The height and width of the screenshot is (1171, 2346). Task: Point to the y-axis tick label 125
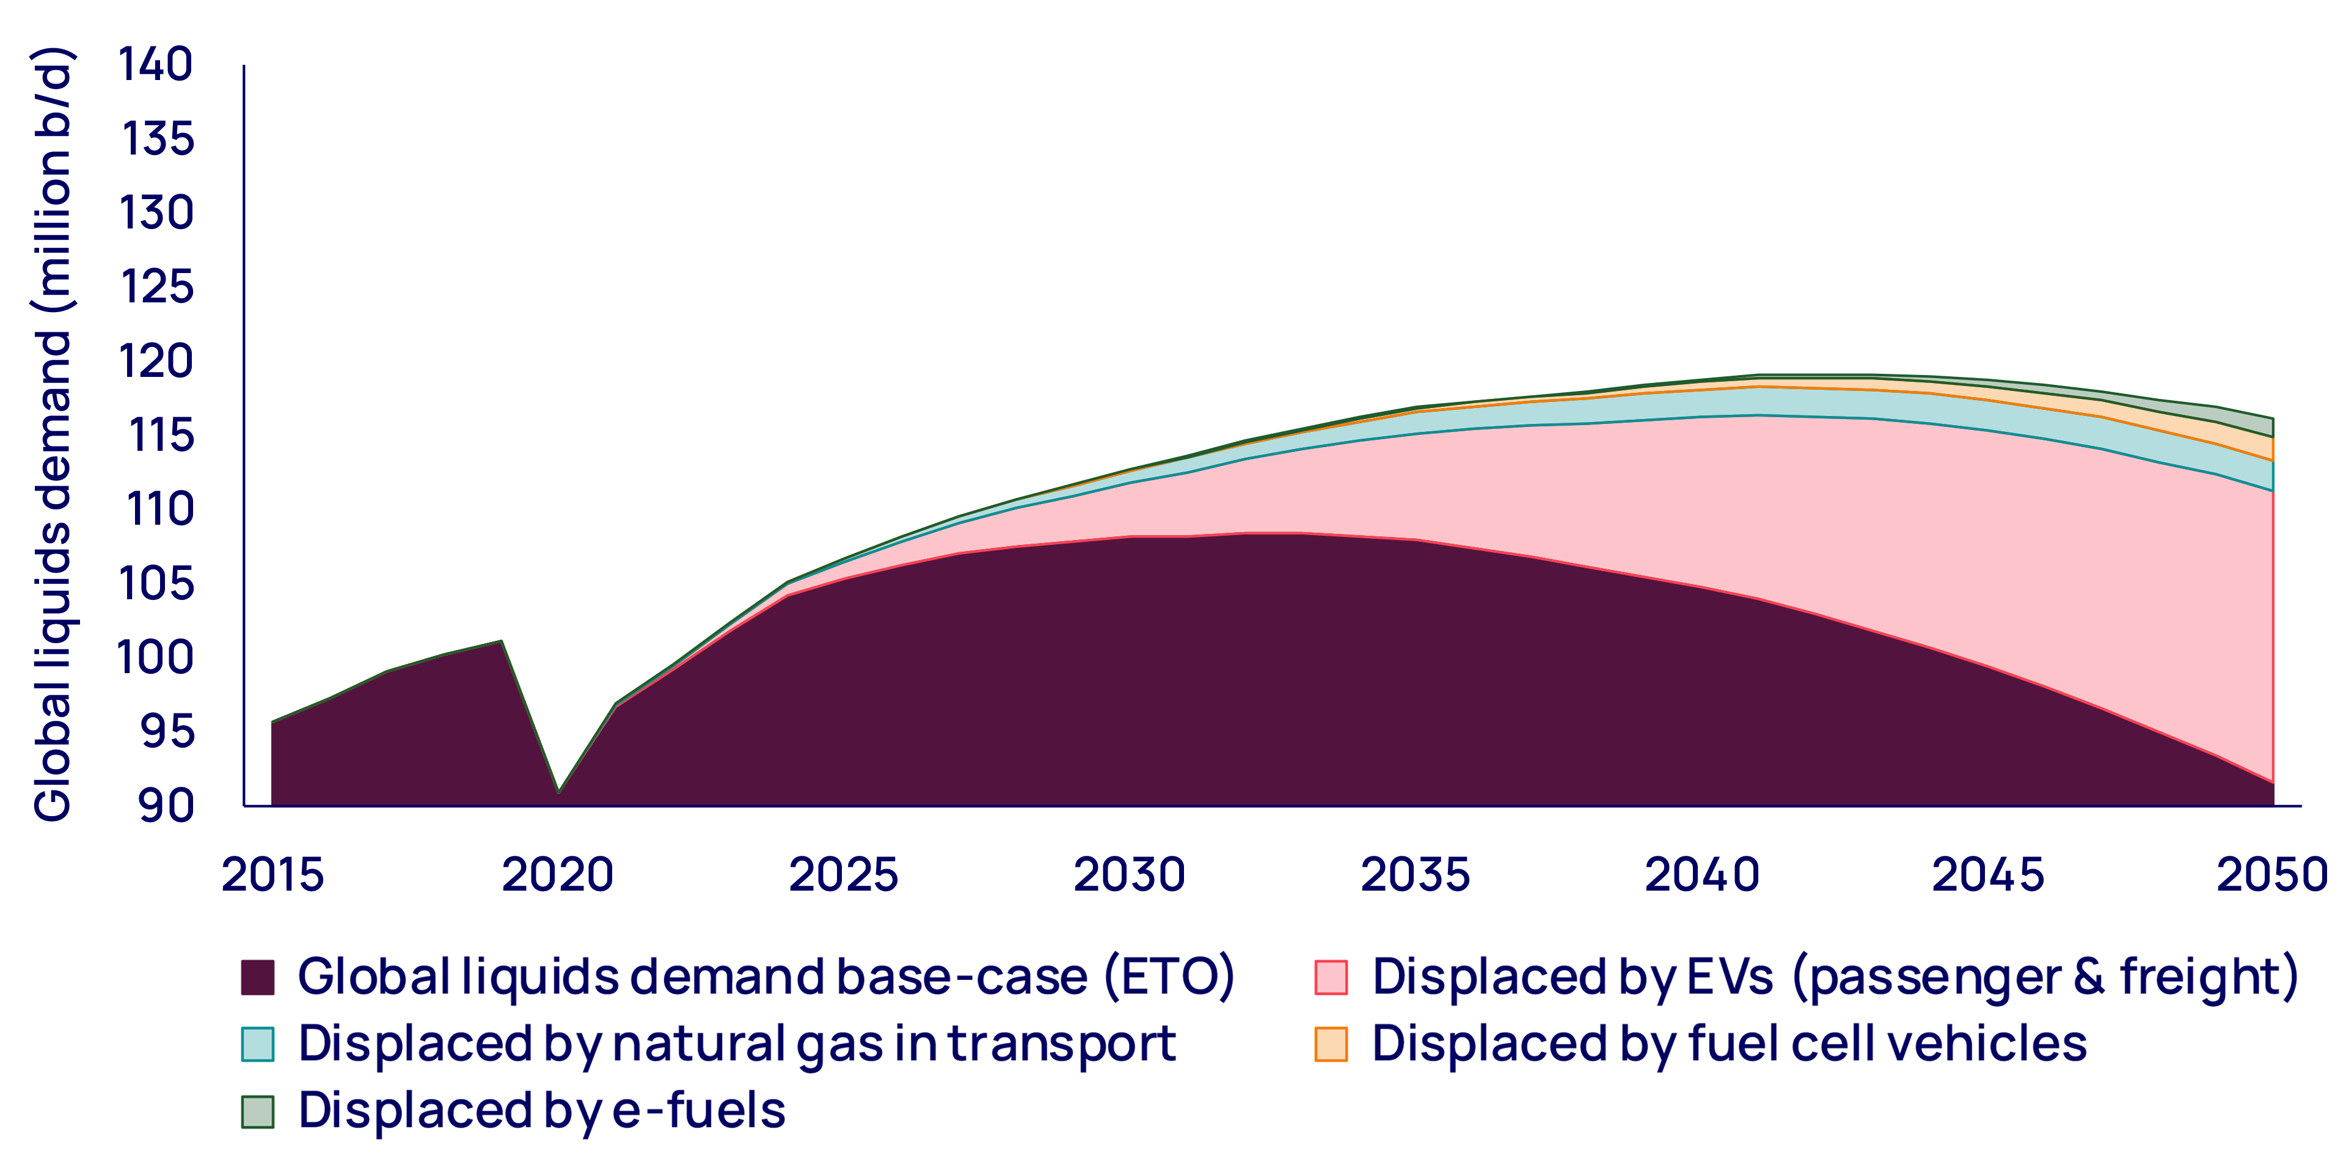point(156,287)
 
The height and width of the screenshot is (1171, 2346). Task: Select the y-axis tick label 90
point(166,805)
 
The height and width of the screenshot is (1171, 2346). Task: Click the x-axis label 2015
point(272,875)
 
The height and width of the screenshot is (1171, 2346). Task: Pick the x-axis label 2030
point(1129,875)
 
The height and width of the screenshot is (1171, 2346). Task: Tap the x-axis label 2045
point(1987,875)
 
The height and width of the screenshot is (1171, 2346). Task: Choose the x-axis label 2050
point(2271,875)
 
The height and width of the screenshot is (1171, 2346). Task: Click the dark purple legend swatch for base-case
point(258,977)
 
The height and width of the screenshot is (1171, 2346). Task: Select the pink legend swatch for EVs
point(1331,977)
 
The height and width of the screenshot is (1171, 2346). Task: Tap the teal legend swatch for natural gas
point(258,1043)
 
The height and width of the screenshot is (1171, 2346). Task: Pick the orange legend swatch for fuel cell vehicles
point(1331,1043)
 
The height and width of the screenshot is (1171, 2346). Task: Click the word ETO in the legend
point(1169,977)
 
